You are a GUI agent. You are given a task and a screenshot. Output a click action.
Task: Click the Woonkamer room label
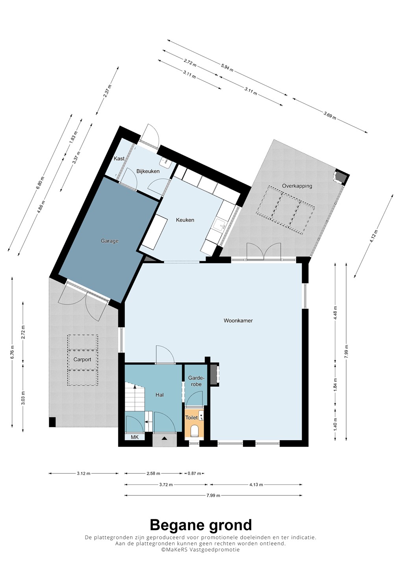pos(238,321)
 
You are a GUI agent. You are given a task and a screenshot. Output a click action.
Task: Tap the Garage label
pos(110,241)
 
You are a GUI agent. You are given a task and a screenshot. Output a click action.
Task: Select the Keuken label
pos(185,220)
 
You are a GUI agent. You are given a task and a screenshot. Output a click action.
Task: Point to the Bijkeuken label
pos(148,171)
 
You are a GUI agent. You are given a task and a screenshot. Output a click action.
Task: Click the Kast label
pos(119,158)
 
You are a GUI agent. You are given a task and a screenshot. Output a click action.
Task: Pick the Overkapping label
pos(297,186)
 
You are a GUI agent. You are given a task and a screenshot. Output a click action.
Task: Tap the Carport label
pos(82,359)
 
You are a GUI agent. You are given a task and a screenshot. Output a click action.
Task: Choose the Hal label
pos(160,395)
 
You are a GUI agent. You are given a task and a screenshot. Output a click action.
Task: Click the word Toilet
pos(192,417)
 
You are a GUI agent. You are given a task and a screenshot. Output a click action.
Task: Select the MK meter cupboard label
pos(135,437)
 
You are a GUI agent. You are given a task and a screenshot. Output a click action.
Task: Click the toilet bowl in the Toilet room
pos(195,431)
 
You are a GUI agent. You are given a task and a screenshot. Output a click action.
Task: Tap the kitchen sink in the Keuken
pos(219,224)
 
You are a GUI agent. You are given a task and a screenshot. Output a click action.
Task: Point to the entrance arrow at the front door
pos(165,438)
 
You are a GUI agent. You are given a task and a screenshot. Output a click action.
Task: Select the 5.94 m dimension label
pos(227,68)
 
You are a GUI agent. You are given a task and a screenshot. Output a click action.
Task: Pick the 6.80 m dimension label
pos(40,183)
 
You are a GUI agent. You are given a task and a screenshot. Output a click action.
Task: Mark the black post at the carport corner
pos(52,422)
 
